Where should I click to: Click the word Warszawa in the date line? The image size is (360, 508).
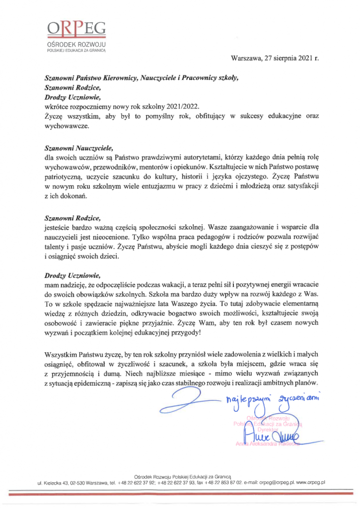coord(248,58)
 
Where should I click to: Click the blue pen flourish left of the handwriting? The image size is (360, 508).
coord(186,397)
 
